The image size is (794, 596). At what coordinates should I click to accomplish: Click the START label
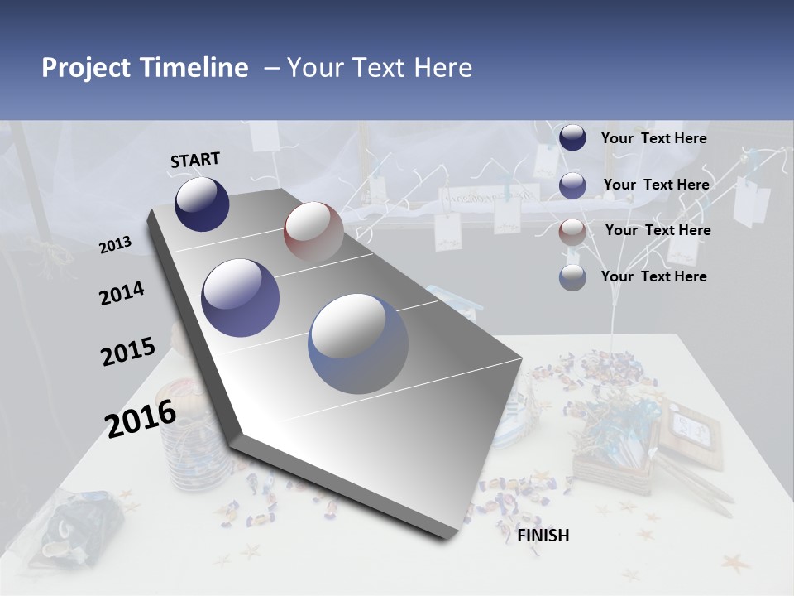pyautogui.click(x=195, y=160)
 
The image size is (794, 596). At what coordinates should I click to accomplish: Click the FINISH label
pyautogui.click(x=543, y=536)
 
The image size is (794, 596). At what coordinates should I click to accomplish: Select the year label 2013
pyautogui.click(x=116, y=244)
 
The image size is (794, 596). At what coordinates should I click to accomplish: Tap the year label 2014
pyautogui.click(x=122, y=294)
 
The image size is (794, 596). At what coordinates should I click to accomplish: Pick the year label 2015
pyautogui.click(x=128, y=352)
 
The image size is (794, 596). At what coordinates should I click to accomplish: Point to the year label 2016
pyautogui.click(x=141, y=418)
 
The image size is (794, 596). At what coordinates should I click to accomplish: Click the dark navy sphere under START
pyautogui.click(x=202, y=204)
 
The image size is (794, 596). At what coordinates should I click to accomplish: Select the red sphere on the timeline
pyautogui.click(x=313, y=231)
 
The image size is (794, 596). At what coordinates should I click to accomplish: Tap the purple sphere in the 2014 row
pyautogui.click(x=241, y=298)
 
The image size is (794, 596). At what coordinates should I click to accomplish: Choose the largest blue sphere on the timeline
pyautogui.click(x=358, y=344)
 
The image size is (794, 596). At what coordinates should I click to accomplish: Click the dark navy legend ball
pyautogui.click(x=572, y=138)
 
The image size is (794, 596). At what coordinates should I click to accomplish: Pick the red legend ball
pyautogui.click(x=572, y=231)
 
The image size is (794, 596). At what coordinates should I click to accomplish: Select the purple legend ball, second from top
pyautogui.click(x=572, y=185)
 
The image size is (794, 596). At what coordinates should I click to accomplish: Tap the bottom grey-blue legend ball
pyautogui.click(x=572, y=277)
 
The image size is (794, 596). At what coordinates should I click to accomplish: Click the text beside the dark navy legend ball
pyautogui.click(x=653, y=138)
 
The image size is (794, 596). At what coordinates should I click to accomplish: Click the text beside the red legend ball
pyautogui.click(x=658, y=230)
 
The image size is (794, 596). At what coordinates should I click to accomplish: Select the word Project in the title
pyautogui.click(x=86, y=68)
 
